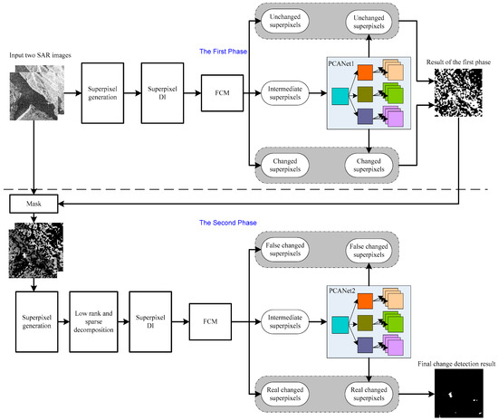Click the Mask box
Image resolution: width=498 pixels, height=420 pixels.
35,205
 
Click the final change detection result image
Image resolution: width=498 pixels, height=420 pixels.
457,395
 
